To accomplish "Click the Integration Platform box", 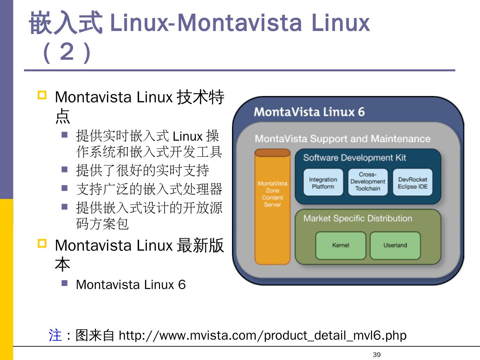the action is [323, 182].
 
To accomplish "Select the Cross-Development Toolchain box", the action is [368, 182].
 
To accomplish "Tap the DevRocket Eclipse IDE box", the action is [412, 182].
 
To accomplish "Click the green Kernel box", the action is [340, 245].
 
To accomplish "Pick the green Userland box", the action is [395, 245].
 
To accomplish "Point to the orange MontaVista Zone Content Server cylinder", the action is [272, 207].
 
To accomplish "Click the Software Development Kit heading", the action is [354, 158].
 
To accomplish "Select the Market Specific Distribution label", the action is [358, 218].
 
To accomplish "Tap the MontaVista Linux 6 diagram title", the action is [309, 112].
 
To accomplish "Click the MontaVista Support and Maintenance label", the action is [342, 139].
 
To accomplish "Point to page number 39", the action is [377, 355].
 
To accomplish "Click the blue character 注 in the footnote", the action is [55, 335].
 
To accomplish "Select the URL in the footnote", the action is [262, 335].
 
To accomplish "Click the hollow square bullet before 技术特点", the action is [42, 96].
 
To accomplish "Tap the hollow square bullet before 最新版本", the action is [42, 244].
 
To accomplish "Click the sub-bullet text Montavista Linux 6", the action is [131, 285].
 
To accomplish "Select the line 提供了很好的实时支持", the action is [142, 170].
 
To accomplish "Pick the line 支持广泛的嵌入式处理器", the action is [149, 189].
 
